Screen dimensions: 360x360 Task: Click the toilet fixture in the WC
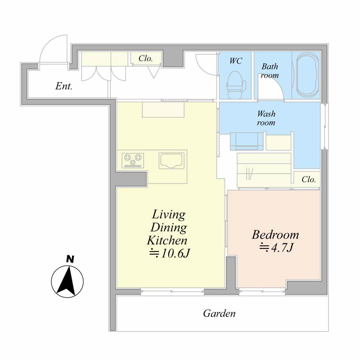236,85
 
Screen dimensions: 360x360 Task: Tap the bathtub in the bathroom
307,75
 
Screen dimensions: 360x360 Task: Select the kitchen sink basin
172,161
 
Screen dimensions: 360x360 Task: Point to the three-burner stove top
133,160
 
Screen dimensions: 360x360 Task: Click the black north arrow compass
67,282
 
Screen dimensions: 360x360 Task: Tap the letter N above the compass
70,259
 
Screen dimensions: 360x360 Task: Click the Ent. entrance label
64,86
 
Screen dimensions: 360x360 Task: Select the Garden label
219,313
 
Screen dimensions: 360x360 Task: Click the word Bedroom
275,234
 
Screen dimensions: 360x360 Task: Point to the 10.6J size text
170,253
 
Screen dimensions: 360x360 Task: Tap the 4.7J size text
277,247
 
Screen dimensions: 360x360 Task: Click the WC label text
236,61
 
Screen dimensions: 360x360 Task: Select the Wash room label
266,118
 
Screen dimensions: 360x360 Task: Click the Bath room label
270,71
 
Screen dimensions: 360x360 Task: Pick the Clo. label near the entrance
146,58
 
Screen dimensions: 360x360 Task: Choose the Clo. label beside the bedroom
309,179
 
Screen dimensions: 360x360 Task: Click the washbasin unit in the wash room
247,141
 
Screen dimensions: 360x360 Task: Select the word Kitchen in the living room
167,240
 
